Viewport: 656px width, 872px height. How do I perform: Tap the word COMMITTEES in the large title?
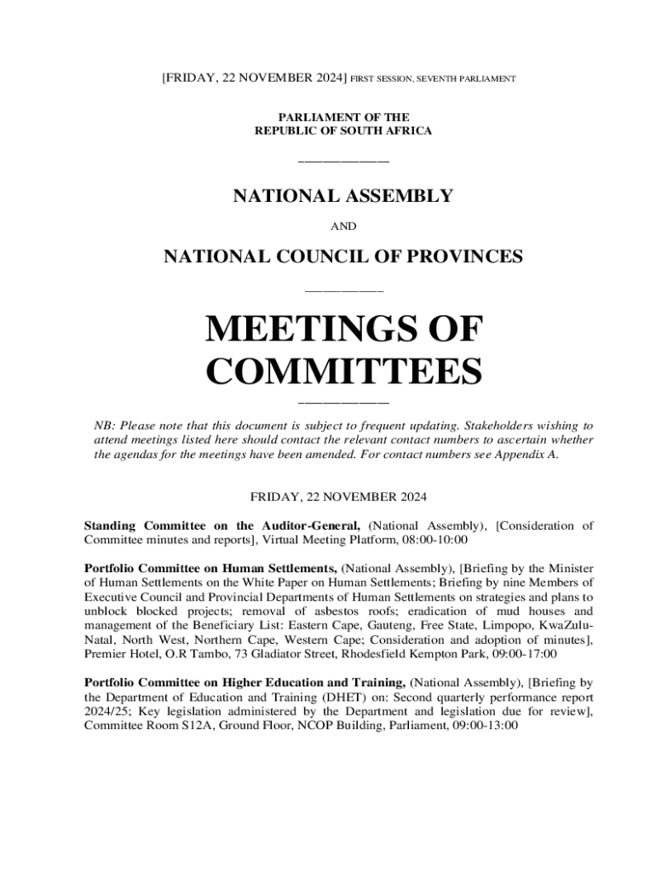[x=344, y=372]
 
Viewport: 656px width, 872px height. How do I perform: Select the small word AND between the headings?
[x=343, y=227]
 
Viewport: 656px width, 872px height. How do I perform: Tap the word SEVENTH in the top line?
[x=441, y=78]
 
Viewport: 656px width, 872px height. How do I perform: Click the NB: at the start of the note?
[x=104, y=424]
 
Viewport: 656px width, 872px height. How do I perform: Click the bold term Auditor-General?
[x=310, y=525]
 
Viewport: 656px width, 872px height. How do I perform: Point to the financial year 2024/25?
[x=104, y=712]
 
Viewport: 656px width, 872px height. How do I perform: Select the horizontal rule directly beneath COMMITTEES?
[x=344, y=401]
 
